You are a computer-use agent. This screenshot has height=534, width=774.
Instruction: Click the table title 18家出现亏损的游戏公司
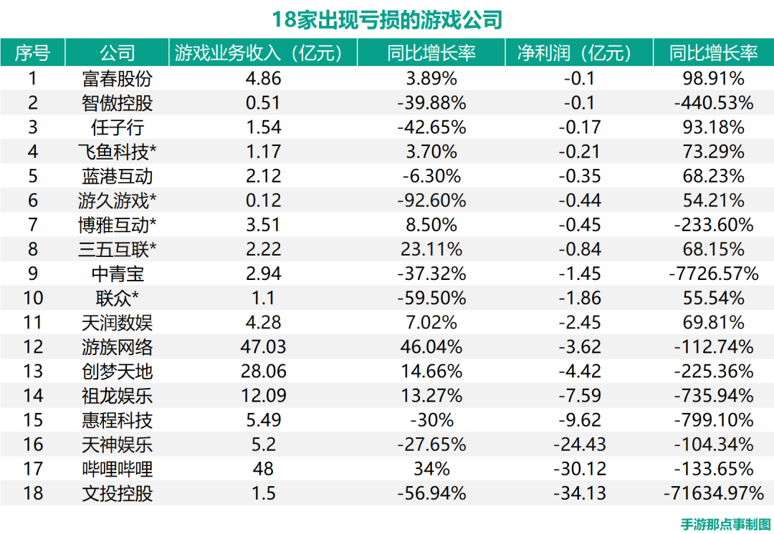[387, 19]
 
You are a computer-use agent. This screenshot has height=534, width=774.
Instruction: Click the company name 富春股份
[118, 79]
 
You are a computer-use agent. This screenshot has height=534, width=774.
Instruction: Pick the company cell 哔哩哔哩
[118, 469]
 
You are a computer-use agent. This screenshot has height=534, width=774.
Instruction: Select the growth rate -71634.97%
[713, 493]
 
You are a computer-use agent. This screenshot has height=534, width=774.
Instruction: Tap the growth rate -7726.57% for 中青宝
[713, 273]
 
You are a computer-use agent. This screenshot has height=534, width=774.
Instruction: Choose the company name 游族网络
[118, 347]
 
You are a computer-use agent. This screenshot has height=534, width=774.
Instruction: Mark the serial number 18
[33, 493]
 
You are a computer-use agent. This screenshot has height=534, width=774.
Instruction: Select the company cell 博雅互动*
[118, 225]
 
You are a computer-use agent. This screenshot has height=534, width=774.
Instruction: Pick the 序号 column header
[33, 53]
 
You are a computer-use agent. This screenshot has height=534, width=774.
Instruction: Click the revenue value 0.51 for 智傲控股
[263, 103]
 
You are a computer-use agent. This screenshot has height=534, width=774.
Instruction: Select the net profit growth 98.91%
[713, 79]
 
